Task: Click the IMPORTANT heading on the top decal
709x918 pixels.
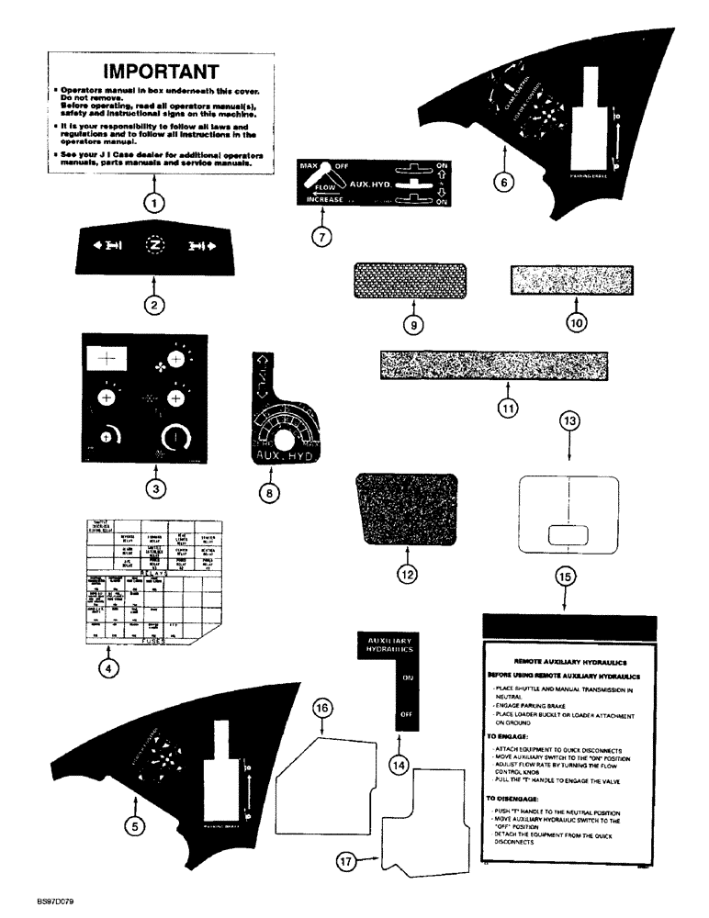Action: [x=161, y=71]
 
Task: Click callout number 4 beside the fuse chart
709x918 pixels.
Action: [x=107, y=669]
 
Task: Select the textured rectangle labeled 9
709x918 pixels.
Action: [x=411, y=281]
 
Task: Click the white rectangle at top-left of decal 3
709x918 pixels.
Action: [x=106, y=360]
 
